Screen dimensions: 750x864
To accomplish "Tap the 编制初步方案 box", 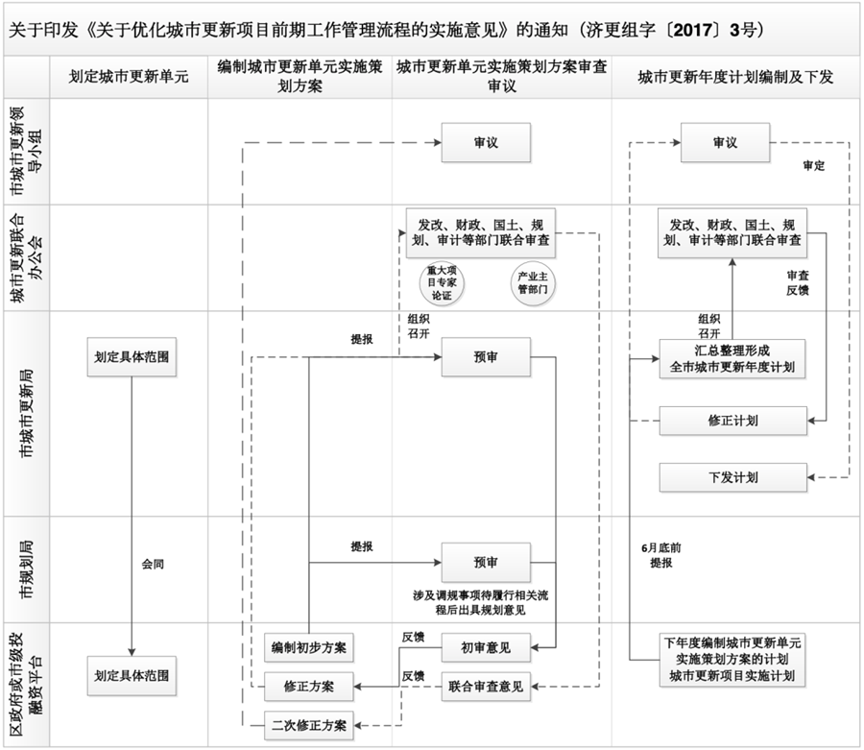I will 309,648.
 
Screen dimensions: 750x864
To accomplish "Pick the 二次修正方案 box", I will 309,723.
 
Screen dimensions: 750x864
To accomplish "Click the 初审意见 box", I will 486,648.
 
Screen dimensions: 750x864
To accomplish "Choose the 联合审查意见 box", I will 486,686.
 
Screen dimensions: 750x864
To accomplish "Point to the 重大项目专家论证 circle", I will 446,282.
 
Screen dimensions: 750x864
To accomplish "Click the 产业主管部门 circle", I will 531,281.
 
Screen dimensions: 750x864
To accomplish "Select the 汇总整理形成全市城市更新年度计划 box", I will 732,357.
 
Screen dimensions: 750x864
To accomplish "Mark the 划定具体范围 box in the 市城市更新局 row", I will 132,357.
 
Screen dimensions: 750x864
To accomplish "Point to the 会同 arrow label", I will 153,564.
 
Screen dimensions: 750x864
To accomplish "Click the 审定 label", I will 814,165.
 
